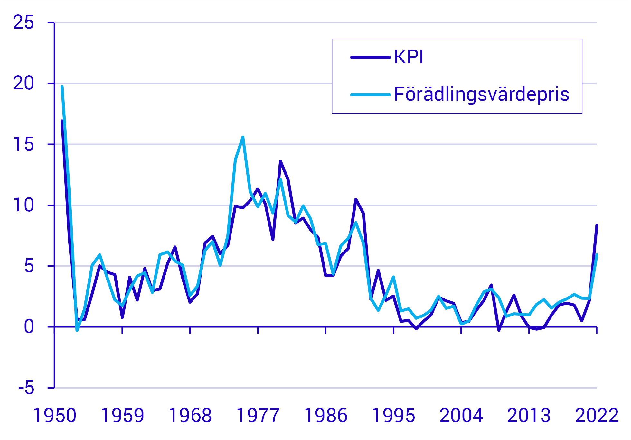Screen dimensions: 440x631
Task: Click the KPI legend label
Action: (x=408, y=58)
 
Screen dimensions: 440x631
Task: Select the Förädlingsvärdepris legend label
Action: (x=481, y=94)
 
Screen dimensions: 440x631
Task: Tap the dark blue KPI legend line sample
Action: (x=370, y=58)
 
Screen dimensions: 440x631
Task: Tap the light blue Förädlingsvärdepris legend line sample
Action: (x=370, y=95)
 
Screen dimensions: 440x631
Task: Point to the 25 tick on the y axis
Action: (x=24, y=23)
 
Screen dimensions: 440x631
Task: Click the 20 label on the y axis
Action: (x=24, y=83)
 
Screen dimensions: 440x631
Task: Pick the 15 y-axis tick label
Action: (x=24, y=144)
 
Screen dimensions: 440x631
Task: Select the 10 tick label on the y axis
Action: (x=24, y=205)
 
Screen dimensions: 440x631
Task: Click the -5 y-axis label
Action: (x=26, y=388)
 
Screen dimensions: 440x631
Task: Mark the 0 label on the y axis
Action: (x=29, y=327)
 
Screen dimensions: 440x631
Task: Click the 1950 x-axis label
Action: (x=55, y=416)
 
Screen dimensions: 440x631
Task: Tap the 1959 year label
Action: (x=122, y=416)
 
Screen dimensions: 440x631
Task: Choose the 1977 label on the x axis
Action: (x=258, y=416)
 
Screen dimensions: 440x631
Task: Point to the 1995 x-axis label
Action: (x=393, y=416)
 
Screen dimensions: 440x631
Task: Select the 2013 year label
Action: (x=529, y=416)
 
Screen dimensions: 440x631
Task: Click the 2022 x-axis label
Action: (x=597, y=416)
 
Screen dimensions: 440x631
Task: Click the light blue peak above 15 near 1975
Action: (x=243, y=137)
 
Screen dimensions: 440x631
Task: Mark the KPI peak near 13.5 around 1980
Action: (x=280, y=161)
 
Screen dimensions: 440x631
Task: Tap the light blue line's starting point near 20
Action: (x=62, y=87)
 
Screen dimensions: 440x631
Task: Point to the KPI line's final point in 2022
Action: (x=597, y=225)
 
